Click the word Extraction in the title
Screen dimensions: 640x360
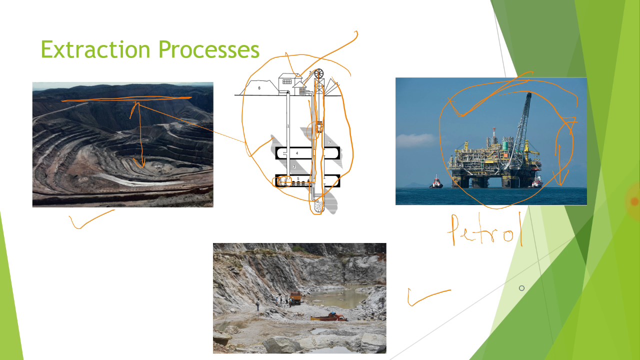pyautogui.click(x=95, y=49)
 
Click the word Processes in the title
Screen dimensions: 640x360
pyautogui.click(x=209, y=49)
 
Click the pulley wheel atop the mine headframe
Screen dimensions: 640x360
pyautogui.click(x=318, y=73)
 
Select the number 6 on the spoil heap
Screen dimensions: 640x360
pyautogui.click(x=259, y=88)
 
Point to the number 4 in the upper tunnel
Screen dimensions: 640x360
pyautogui.click(x=297, y=153)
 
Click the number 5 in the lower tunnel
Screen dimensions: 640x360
pyautogui.click(x=298, y=178)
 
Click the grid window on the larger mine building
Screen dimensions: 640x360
pyautogui.click(x=287, y=81)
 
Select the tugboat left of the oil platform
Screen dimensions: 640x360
pyautogui.click(x=436, y=182)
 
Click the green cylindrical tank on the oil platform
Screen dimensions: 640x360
pyautogui.click(x=505, y=145)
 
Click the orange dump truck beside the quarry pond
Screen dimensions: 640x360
pyautogui.click(x=295, y=298)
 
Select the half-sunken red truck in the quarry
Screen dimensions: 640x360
pyautogui.click(x=329, y=317)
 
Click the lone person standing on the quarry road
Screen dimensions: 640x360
pyautogui.click(x=257, y=305)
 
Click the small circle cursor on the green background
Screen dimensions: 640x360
pyautogui.click(x=521, y=288)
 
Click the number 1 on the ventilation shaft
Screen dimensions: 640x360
pyautogui.click(x=288, y=126)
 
